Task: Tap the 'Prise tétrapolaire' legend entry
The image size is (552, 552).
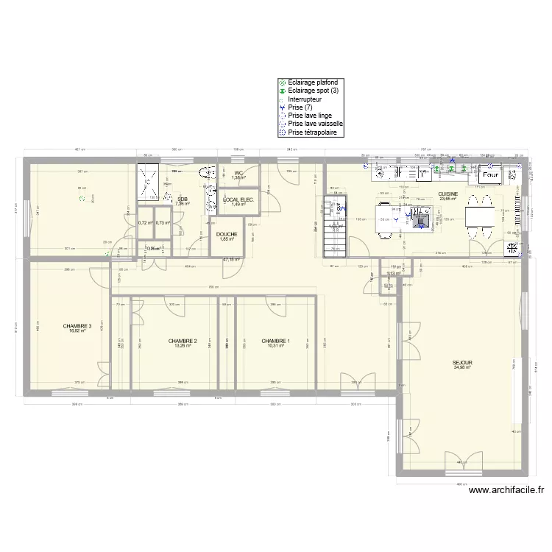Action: [x=313, y=132]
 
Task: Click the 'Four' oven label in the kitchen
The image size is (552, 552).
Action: [x=491, y=176]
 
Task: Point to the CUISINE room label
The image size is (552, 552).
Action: [x=448, y=194]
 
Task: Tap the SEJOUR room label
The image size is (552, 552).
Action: [x=462, y=363]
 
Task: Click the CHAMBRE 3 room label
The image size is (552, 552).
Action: [x=77, y=326]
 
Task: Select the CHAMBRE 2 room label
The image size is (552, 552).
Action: [x=182, y=341]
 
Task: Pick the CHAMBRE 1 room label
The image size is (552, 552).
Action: [x=276, y=341]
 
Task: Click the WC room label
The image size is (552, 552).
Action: [x=238, y=173]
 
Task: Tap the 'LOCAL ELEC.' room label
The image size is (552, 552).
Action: [x=238, y=199]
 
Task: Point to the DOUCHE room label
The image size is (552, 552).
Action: [x=227, y=234]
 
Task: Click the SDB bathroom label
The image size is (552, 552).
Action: [x=181, y=199]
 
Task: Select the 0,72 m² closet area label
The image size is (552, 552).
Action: [x=145, y=222]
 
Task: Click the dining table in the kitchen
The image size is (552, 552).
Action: [x=481, y=218]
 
